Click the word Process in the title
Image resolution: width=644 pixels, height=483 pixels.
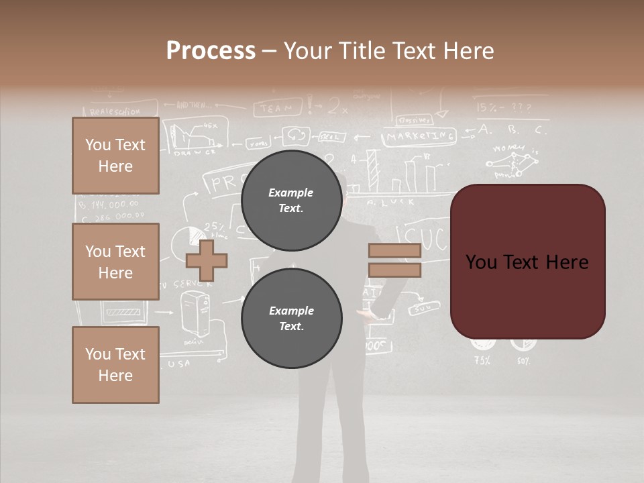click(211, 51)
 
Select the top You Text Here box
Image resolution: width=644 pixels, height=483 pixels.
click(115, 156)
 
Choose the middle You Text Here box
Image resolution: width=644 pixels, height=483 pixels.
click(115, 262)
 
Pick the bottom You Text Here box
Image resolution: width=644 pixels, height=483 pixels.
click(115, 364)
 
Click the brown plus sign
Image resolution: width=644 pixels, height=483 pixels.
click(207, 261)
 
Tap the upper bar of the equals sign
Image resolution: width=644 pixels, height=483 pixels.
click(394, 250)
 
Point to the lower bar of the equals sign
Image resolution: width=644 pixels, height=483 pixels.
click(394, 270)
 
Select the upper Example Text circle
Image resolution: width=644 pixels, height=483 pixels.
click(291, 200)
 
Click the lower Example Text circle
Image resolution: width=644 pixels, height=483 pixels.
click(291, 318)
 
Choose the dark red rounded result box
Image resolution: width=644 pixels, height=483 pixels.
click(527, 262)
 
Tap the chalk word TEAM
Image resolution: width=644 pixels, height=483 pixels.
click(277, 107)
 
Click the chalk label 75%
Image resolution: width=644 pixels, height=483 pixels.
click(482, 360)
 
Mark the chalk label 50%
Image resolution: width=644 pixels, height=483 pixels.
click(523, 360)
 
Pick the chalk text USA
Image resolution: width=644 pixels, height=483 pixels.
click(178, 364)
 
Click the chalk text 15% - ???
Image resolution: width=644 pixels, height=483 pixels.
click(504, 107)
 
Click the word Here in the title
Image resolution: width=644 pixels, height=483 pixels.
click(466, 51)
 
